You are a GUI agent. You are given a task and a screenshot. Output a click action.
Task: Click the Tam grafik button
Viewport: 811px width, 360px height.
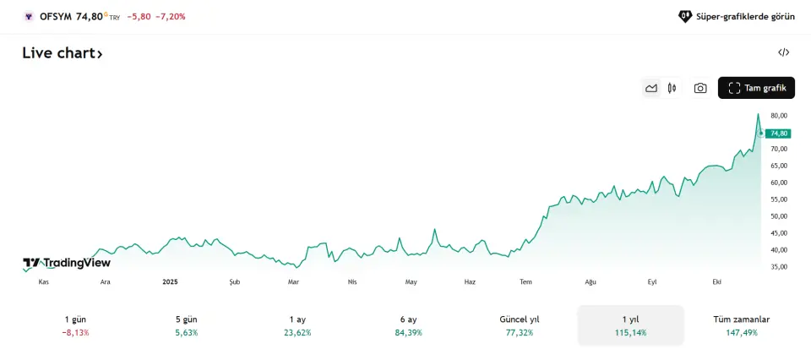coord(756,88)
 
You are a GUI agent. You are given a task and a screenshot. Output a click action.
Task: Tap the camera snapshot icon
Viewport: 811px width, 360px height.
coord(700,88)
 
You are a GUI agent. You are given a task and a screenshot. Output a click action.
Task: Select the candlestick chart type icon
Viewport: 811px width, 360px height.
coord(672,88)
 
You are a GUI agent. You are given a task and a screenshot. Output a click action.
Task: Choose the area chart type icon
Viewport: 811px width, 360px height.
coord(651,88)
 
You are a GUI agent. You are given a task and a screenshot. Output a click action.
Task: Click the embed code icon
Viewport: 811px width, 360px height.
coord(783,52)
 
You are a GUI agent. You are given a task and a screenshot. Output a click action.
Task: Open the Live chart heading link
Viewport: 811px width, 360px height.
coord(63,53)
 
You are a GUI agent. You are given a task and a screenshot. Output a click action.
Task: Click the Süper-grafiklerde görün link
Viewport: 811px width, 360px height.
coord(737,16)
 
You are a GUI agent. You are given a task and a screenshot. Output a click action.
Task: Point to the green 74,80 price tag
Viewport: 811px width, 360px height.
coord(778,134)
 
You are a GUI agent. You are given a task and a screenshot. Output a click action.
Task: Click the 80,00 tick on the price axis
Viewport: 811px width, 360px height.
coord(779,115)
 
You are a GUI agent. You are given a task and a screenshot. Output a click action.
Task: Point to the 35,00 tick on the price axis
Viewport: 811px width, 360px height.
coord(779,266)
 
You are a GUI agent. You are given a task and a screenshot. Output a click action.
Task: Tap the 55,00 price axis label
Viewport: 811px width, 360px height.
coord(779,199)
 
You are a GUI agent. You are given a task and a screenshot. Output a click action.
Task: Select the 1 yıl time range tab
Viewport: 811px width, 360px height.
coord(629,325)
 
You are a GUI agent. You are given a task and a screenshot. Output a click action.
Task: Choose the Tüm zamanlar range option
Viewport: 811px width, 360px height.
coord(741,325)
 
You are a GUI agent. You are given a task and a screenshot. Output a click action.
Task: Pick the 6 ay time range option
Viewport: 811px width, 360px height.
coord(408,325)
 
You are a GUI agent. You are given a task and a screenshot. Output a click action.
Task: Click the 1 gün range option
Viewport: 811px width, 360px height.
coord(75,325)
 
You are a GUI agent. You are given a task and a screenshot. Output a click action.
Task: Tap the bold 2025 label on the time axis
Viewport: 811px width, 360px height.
coord(170,282)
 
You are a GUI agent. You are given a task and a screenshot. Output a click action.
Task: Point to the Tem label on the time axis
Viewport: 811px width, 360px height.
coord(525,282)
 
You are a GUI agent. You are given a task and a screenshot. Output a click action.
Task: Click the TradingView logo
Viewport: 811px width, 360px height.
coord(67,263)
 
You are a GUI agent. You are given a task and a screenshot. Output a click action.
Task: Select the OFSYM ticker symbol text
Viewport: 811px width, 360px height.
coord(56,16)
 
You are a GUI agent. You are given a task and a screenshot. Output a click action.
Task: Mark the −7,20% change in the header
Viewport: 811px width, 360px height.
coord(171,16)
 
